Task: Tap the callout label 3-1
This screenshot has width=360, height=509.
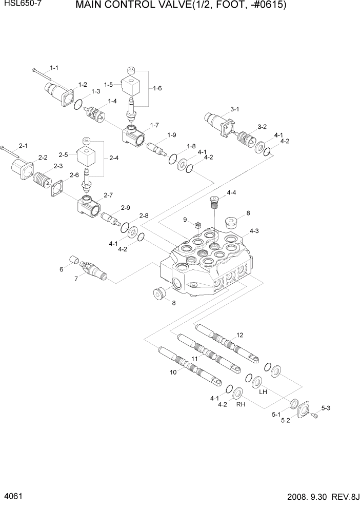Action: (x=234, y=109)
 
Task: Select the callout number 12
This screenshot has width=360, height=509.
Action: (x=239, y=335)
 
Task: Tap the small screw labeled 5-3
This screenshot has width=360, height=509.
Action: (x=315, y=416)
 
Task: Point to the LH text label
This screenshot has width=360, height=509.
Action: (x=263, y=391)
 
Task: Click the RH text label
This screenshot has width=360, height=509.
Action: (x=240, y=404)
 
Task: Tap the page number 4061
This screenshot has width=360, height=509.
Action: (x=13, y=497)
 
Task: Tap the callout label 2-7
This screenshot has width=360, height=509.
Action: (x=108, y=195)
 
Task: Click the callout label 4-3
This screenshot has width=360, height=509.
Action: (x=254, y=231)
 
